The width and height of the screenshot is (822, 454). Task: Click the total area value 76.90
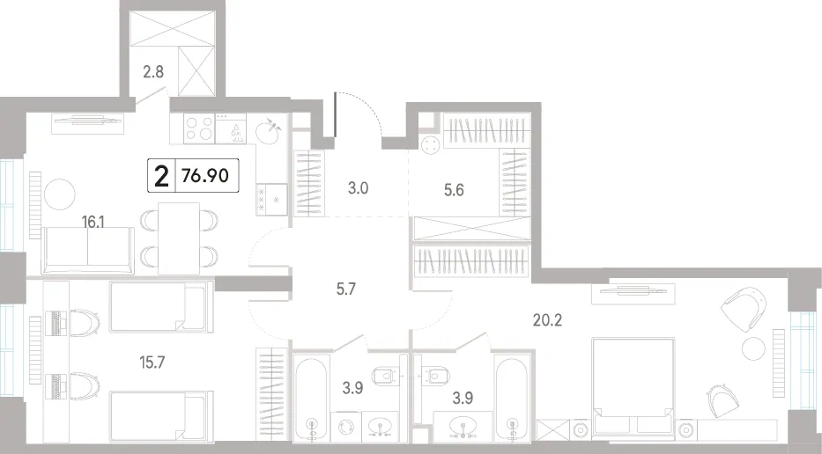click(205, 175)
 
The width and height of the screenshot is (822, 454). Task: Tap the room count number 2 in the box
click(161, 176)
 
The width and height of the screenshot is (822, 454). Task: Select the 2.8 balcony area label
click(153, 71)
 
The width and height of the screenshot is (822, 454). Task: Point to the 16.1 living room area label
click(93, 222)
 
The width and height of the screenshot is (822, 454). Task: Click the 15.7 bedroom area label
click(152, 362)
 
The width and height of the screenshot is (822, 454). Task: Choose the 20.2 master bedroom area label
click(547, 319)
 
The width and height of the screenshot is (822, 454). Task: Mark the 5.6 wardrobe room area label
click(454, 189)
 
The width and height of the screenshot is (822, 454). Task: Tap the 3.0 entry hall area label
click(358, 188)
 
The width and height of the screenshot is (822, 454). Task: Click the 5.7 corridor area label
click(346, 289)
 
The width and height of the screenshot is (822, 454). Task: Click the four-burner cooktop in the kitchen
click(199, 128)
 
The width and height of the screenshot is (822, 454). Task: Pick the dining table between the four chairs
click(179, 238)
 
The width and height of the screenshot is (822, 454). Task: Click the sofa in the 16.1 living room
click(88, 250)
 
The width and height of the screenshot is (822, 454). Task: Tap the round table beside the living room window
click(60, 194)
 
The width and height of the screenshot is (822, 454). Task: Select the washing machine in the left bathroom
click(346, 426)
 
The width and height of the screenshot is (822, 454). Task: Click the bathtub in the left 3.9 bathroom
click(311, 399)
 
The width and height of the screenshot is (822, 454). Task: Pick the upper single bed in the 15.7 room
click(161, 306)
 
